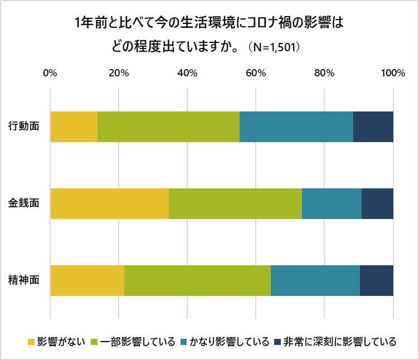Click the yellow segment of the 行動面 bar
[74, 127]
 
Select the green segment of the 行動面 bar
[168, 127]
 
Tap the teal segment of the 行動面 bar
[296, 127]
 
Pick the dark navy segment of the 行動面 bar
[373, 127]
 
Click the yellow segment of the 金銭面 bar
[109, 203]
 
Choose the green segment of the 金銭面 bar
[235, 203]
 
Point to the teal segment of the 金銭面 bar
[332, 203]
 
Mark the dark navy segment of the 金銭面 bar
[377, 203]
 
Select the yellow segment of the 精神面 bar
[87, 281]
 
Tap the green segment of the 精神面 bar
[197, 281]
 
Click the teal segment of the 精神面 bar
[315, 281]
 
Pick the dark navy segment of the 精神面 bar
[377, 281]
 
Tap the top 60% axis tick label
[256, 73]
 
